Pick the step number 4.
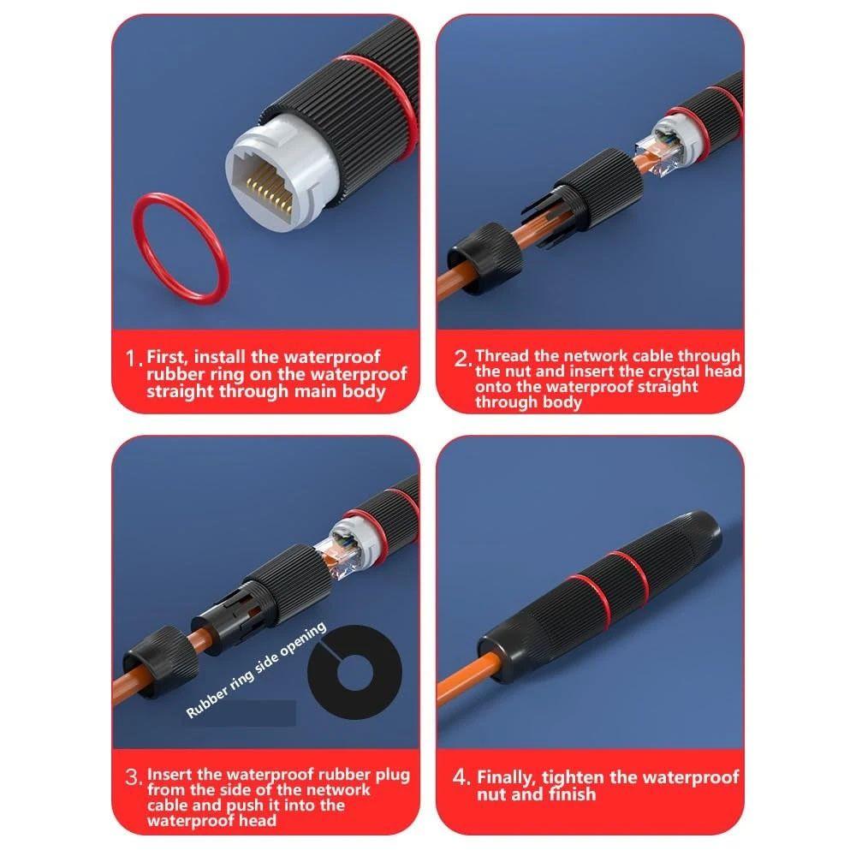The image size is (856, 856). coord(461,778)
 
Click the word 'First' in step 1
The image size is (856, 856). coord(169,356)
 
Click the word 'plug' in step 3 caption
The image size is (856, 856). coord(393,775)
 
